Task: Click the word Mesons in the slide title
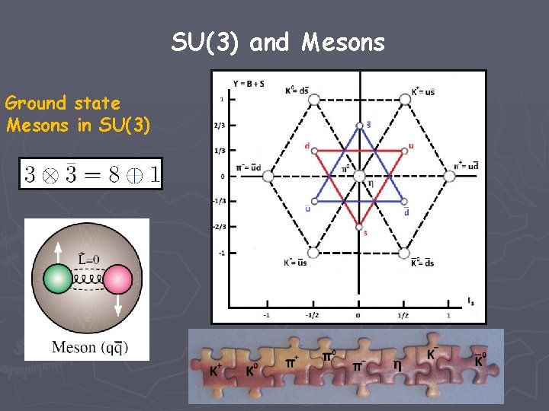click(x=343, y=43)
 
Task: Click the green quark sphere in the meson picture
click(x=57, y=279)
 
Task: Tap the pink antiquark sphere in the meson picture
click(x=117, y=279)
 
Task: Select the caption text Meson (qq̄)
click(x=89, y=347)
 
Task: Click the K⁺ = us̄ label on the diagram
click(x=423, y=91)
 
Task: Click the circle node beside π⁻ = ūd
click(x=268, y=177)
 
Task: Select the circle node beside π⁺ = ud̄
click(x=449, y=177)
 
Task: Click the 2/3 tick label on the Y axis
click(x=220, y=126)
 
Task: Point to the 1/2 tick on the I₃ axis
click(x=403, y=314)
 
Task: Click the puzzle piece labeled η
click(x=397, y=365)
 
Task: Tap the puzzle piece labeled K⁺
click(x=217, y=371)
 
